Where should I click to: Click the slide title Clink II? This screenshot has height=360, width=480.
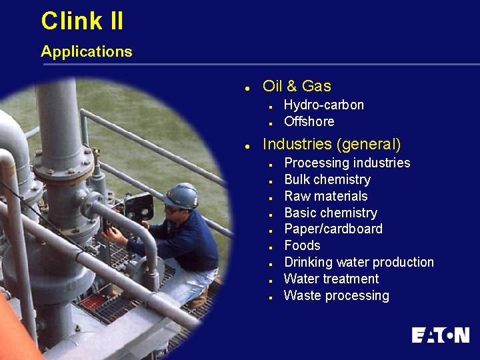[x=82, y=21]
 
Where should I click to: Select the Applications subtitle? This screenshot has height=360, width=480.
[x=86, y=51]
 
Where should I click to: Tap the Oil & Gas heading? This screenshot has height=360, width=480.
[x=297, y=86]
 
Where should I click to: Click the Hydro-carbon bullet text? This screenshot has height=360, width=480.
[x=323, y=105]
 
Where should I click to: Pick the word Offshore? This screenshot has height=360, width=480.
[x=309, y=121]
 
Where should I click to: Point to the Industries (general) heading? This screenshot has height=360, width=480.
[x=332, y=144]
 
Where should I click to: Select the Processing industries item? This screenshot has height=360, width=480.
[x=347, y=163]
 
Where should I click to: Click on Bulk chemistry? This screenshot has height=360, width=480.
[x=327, y=179]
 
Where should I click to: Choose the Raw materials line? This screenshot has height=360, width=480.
[x=325, y=196]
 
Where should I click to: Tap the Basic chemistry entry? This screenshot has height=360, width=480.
[x=330, y=213]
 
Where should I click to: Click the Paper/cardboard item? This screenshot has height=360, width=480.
[x=333, y=229]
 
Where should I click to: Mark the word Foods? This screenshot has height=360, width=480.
[x=302, y=245]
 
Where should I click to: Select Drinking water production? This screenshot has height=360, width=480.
[x=359, y=262]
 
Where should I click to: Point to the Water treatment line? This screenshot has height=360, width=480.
[x=331, y=279]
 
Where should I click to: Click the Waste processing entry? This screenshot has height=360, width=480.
[x=336, y=295]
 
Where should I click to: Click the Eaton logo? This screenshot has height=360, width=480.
[x=440, y=335]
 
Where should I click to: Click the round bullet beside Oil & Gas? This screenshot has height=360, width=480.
[x=247, y=87]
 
